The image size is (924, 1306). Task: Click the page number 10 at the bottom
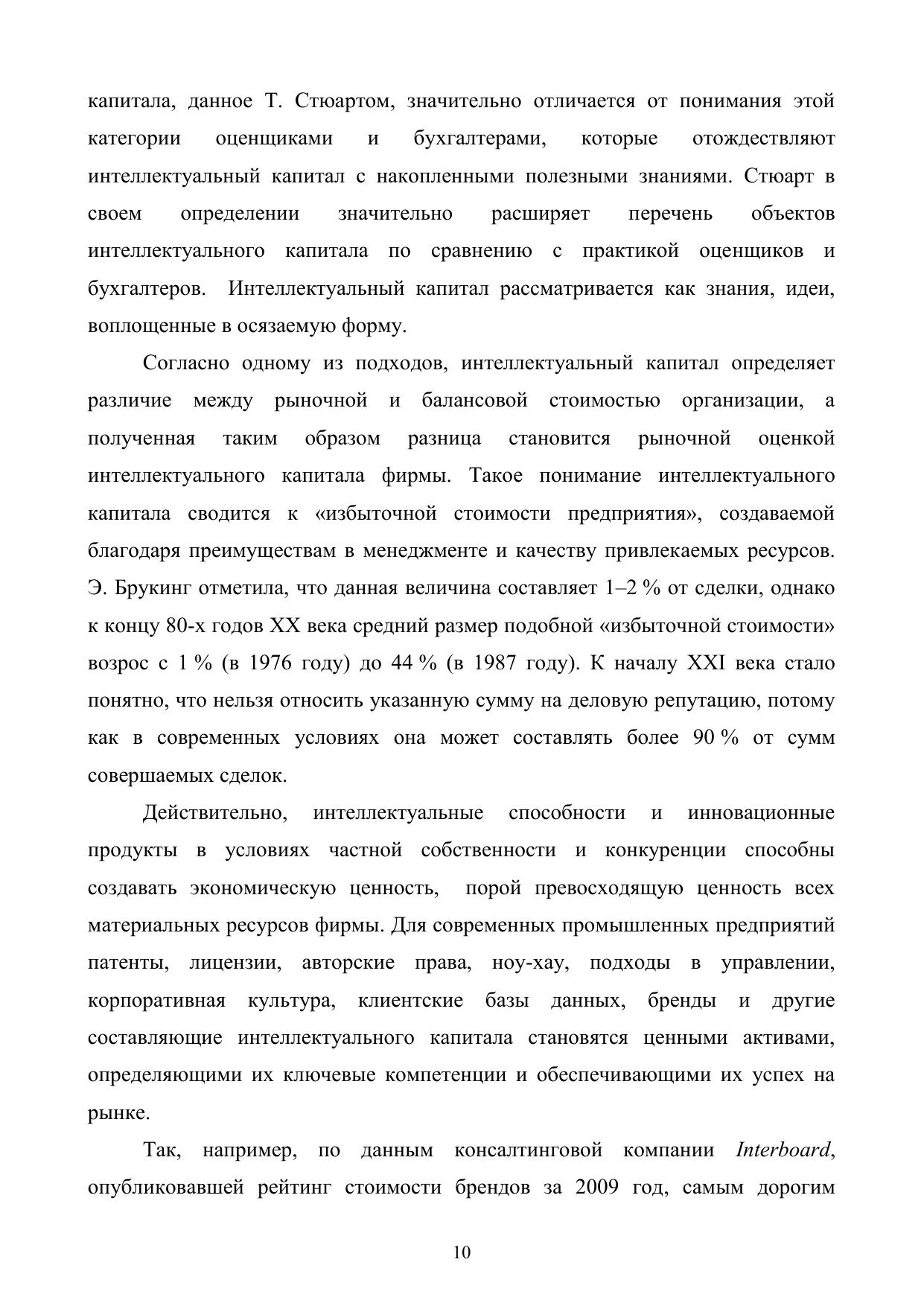click(462, 1252)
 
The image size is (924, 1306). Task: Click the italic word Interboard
click(782, 1150)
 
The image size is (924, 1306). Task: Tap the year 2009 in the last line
click(597, 1188)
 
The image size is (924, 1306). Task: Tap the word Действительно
click(215, 813)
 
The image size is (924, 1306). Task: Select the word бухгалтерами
click(480, 138)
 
